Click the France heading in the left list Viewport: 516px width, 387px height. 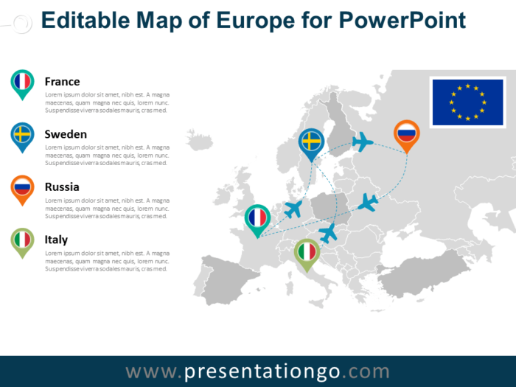(x=62, y=82)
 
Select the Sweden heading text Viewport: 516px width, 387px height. (x=66, y=134)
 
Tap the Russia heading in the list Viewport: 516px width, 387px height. (x=61, y=187)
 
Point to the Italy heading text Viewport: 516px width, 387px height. (x=56, y=240)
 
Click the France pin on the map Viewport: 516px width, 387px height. (x=257, y=219)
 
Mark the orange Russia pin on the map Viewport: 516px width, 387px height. (x=406, y=134)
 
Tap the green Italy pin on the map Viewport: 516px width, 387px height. (x=306, y=253)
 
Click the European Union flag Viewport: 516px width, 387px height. (x=467, y=102)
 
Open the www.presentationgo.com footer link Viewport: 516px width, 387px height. (x=257, y=371)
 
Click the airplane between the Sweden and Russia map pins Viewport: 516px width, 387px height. (x=363, y=142)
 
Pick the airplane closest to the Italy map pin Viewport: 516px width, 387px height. (x=327, y=233)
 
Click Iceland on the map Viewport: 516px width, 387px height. (x=200, y=139)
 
